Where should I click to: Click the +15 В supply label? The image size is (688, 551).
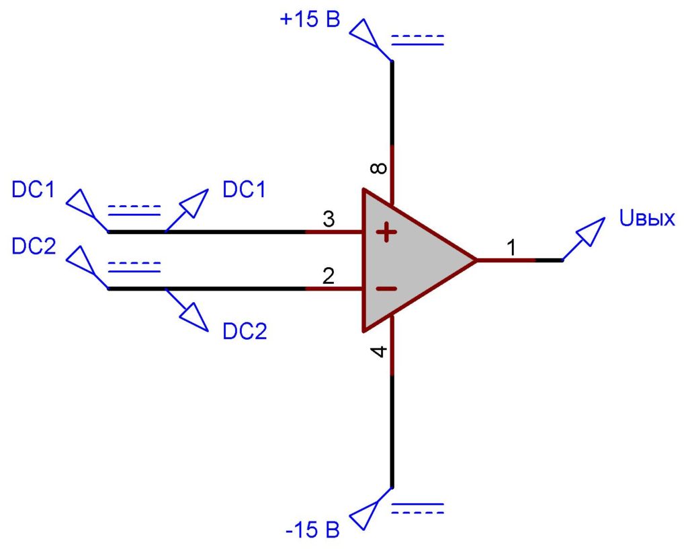310,20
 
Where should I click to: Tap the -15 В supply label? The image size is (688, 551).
313,530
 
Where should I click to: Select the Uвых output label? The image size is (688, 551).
647,219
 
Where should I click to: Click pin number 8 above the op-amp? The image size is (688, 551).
379,168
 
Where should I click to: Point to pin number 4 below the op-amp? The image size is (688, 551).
379,351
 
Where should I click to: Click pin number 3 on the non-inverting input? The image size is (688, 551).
329,219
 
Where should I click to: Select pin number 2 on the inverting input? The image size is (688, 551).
329,276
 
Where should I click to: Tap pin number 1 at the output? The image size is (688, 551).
511,248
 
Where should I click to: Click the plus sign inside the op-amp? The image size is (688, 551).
386,232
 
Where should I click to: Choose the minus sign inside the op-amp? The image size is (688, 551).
386,289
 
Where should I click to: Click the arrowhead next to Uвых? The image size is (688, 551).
591,231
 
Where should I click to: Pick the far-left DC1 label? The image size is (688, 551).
34,190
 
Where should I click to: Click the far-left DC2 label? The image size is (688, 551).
34,246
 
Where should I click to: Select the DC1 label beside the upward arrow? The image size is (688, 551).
245,190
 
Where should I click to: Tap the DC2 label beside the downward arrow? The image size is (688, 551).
245,331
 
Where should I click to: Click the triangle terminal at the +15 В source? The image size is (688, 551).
364,32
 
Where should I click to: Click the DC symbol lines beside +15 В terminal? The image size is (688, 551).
417,40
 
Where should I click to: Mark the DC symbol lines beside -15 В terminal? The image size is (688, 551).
417,509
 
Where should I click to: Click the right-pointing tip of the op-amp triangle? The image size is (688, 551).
477,260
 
